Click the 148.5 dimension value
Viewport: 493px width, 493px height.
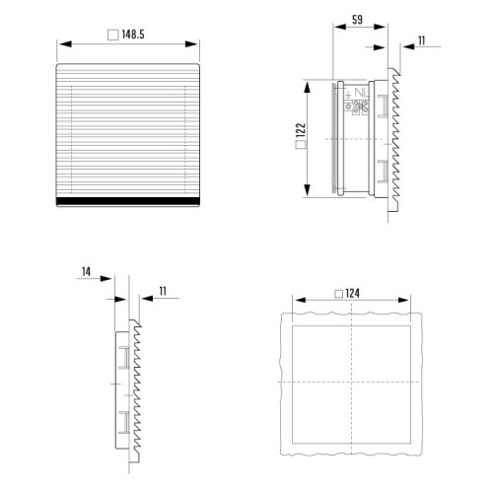133,35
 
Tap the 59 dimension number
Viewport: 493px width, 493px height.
357,20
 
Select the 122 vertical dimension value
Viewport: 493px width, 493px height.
301,130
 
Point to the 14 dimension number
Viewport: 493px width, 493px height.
86,272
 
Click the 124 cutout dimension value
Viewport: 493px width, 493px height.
352,293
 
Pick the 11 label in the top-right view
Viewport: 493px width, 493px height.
422,40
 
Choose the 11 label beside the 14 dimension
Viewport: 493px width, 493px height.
163,291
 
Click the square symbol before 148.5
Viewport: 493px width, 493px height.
113,35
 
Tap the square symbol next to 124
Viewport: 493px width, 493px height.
339,294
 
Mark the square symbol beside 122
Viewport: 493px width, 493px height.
301,145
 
